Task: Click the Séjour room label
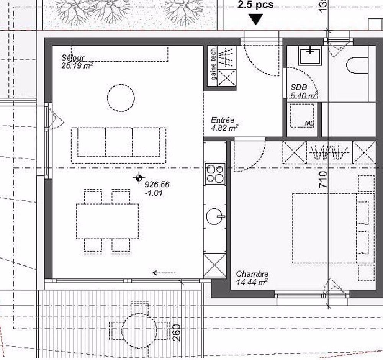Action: point(73,58)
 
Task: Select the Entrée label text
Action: point(223,120)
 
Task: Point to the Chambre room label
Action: point(252,274)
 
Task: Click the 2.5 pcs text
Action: point(255,5)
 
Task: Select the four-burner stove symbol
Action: point(215,173)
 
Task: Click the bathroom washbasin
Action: point(310,56)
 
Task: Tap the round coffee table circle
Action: point(121,98)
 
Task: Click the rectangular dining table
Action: point(107,221)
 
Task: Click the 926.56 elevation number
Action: point(157,185)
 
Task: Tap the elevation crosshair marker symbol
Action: point(138,178)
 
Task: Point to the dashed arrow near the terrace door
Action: point(164,273)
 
